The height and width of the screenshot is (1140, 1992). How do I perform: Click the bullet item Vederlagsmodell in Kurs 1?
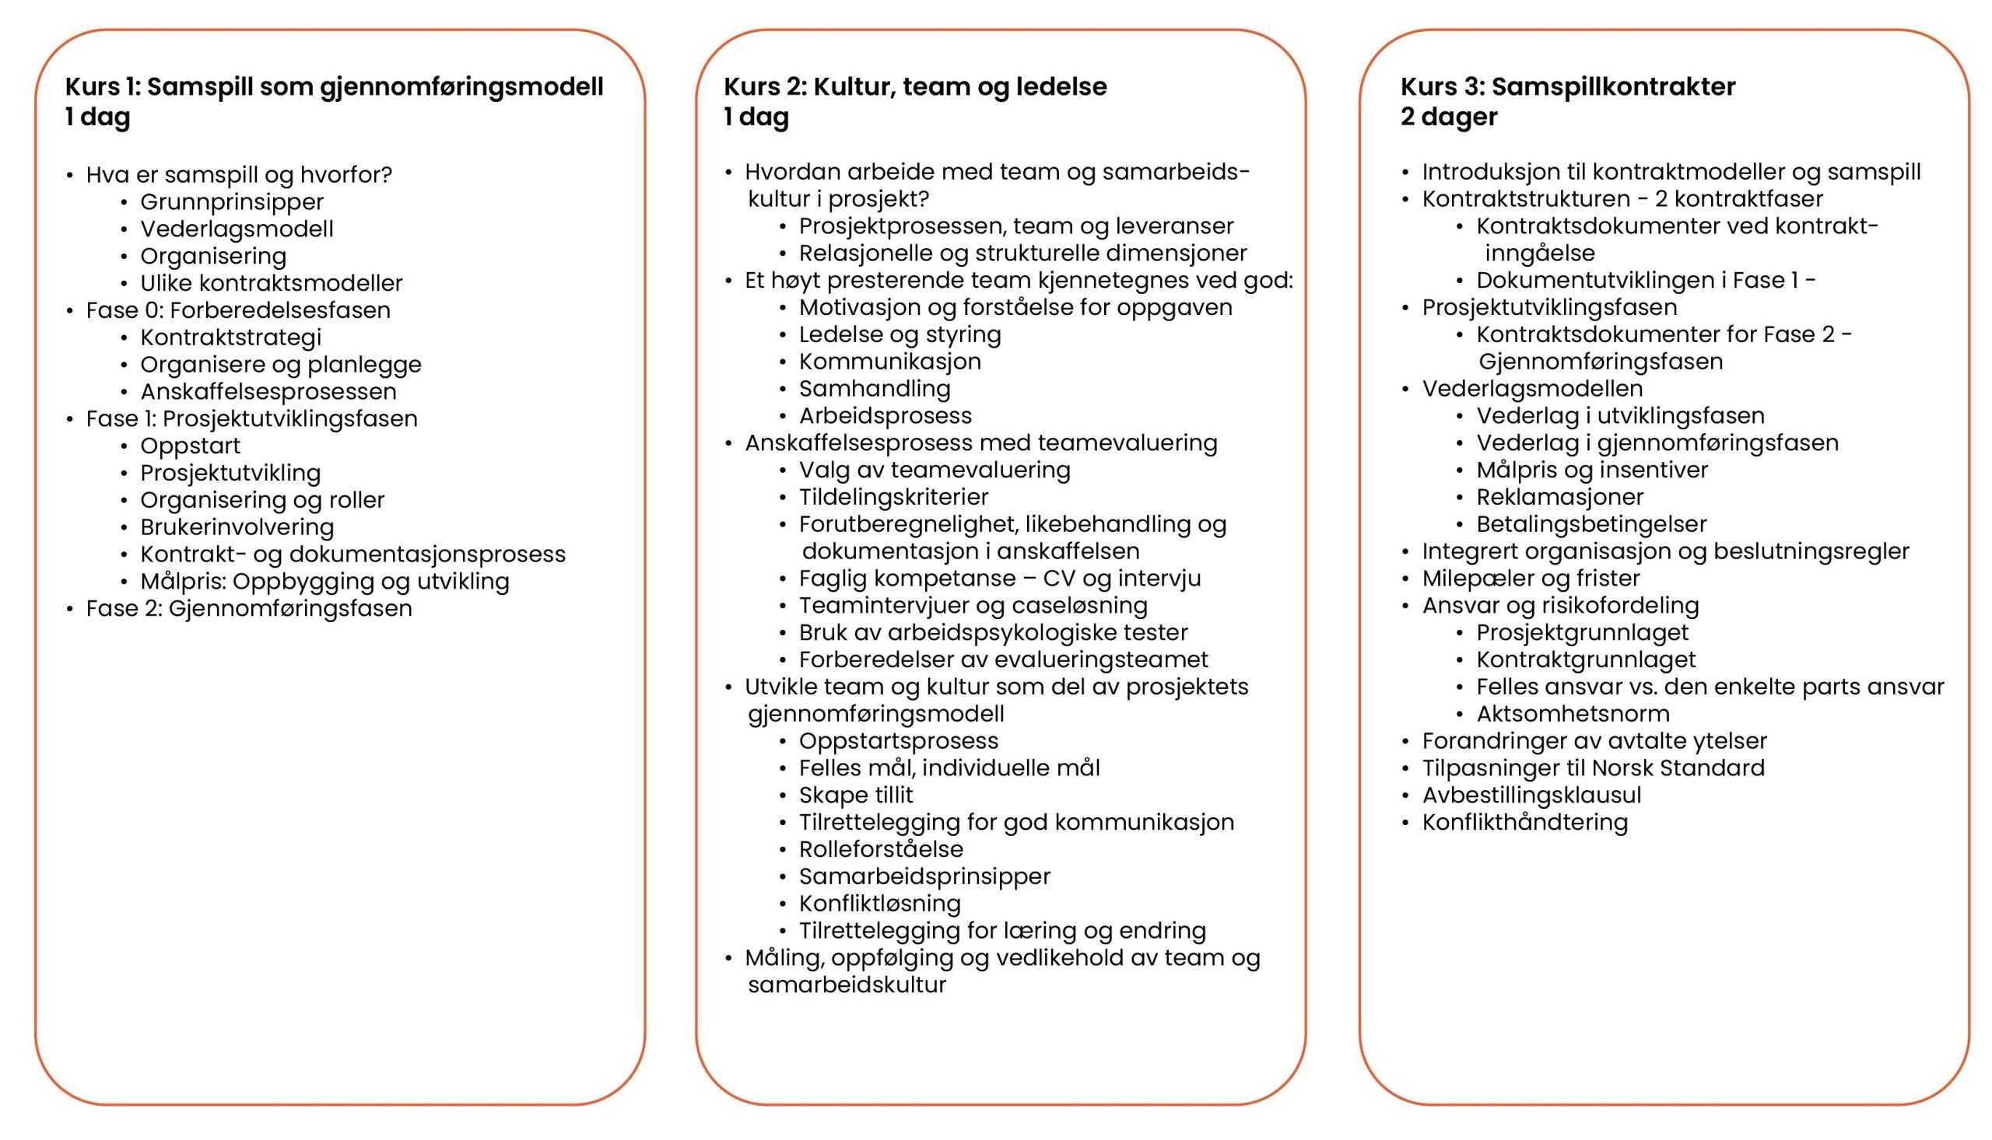tap(237, 229)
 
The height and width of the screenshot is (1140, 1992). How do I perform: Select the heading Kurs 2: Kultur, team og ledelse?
tap(915, 86)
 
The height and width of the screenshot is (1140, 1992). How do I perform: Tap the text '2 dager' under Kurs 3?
tap(1448, 117)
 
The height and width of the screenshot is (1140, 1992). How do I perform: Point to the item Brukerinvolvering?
tap(237, 527)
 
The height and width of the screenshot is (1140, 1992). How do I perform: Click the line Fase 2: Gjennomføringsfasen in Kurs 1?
tap(249, 608)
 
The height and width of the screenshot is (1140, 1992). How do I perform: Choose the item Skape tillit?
tap(855, 795)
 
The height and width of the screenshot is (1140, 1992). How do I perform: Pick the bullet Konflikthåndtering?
tap(1524, 822)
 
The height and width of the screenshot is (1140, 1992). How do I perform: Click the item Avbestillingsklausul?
tap(1531, 795)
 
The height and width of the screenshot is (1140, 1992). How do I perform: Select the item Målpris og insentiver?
tap(1592, 470)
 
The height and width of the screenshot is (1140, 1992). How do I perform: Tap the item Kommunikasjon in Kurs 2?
tap(889, 361)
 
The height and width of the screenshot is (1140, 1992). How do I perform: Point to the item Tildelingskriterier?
tap(893, 496)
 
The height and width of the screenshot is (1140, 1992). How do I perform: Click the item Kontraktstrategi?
tap(230, 337)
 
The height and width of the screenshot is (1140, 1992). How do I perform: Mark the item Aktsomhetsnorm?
tap(1572, 713)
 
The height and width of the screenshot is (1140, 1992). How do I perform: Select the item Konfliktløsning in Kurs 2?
tap(879, 903)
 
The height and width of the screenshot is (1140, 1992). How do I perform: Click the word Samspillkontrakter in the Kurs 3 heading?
tap(1613, 86)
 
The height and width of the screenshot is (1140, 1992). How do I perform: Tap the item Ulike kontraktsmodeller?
tap(271, 282)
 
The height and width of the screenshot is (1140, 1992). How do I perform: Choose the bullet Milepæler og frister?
tap(1531, 578)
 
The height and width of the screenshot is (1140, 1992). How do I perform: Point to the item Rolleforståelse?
tap(881, 848)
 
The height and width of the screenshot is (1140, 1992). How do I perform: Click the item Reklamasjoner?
tap(1559, 496)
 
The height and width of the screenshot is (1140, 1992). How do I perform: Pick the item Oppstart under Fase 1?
tap(191, 446)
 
